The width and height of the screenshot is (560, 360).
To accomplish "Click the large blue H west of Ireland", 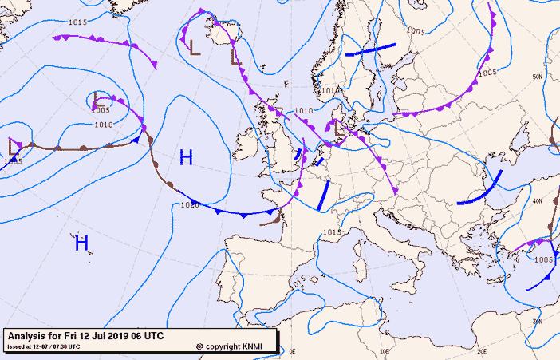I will [186, 157].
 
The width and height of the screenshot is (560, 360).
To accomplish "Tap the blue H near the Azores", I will [81, 243].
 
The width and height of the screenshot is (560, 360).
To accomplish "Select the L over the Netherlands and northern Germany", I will [338, 127].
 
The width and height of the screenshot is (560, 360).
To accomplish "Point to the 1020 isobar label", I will [190, 205].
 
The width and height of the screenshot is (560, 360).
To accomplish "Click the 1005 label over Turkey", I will [544, 259].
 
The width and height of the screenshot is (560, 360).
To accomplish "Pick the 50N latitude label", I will [538, 76].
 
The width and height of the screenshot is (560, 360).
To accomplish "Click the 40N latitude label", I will [538, 201].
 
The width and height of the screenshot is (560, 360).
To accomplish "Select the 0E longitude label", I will [292, 350].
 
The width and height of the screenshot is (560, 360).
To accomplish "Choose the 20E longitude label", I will [480, 350].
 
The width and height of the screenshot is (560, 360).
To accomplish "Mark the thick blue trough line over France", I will [323, 196].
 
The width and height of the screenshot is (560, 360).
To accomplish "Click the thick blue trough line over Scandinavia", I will [370, 50].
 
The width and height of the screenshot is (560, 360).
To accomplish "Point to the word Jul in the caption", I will [100, 336].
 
